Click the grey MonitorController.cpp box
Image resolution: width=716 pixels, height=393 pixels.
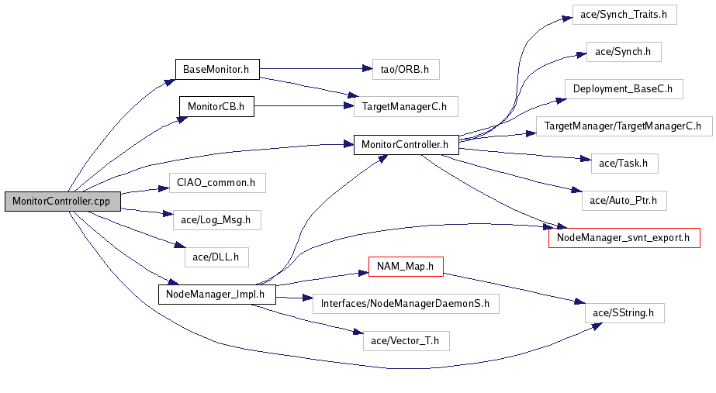63,202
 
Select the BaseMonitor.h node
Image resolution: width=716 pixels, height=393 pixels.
217,70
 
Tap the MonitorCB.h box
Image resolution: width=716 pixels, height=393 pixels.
216,106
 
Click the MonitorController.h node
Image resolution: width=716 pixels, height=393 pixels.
406,145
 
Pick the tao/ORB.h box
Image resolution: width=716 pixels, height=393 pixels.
406,70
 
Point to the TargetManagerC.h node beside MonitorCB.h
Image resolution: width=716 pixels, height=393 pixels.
406,106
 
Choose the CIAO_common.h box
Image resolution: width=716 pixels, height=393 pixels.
217,183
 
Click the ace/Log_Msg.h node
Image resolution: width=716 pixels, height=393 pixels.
217,220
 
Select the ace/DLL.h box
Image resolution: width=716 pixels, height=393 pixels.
216,257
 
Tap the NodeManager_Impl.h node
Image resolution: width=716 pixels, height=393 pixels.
217,295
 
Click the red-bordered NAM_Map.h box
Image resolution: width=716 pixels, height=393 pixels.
406,266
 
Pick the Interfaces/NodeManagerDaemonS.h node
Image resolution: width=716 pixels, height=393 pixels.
406,304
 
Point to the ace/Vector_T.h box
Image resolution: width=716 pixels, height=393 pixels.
406,341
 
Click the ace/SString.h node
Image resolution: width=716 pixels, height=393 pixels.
624,313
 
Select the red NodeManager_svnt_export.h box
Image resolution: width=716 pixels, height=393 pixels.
624,238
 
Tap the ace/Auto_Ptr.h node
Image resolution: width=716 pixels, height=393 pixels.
624,201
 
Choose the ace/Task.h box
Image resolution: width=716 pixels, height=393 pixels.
624,164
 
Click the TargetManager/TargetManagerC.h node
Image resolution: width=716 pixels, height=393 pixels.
624,126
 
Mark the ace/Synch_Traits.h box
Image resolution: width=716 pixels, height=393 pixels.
624,15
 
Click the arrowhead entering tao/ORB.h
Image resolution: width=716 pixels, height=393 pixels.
367,69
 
